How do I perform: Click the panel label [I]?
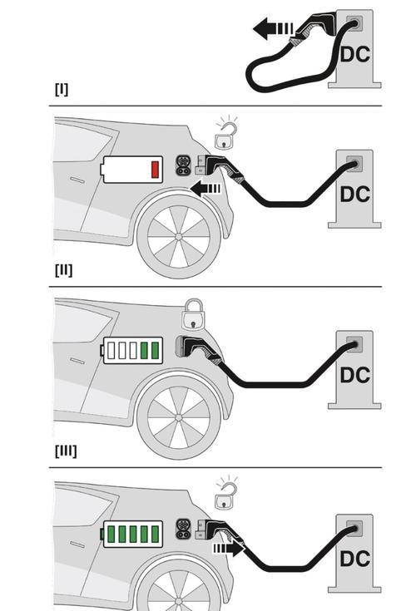click(62, 89)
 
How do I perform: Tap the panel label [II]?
click(63, 269)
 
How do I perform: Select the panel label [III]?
click(66, 451)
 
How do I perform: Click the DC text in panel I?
click(354, 54)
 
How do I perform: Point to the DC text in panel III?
click(354, 375)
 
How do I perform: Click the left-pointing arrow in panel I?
click(273, 28)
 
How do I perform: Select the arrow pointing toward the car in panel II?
click(206, 189)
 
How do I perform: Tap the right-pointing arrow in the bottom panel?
click(229, 549)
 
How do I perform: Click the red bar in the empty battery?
click(156, 170)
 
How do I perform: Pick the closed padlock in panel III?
click(193, 314)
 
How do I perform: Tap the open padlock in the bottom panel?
click(225, 494)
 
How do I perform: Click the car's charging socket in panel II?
click(183, 165)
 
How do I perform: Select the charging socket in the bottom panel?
click(183, 529)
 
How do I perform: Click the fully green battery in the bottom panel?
click(131, 534)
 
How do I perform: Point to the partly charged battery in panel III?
click(131, 350)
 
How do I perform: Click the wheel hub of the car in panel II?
click(179, 237)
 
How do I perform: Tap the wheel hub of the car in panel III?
click(179, 417)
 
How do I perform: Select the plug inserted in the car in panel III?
click(199, 350)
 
